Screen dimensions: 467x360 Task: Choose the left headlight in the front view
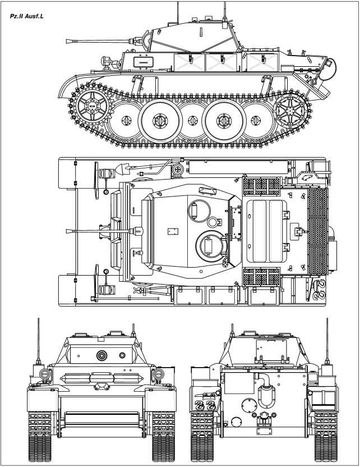[40, 374]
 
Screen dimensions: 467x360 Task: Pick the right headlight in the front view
[159, 374]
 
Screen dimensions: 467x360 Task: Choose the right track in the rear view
[325, 432]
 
